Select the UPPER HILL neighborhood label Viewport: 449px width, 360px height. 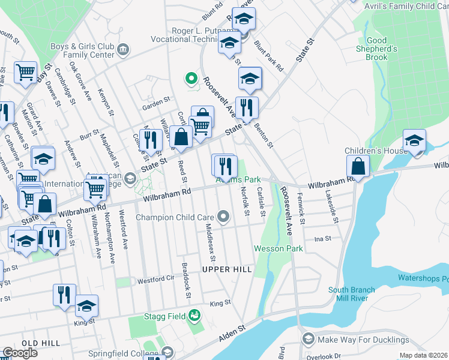pyautogui.click(x=226, y=269)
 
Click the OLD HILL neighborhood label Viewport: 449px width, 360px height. pyautogui.click(x=41, y=343)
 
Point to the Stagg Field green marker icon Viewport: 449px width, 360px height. pyautogui.click(x=194, y=315)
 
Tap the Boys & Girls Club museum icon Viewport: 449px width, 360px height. pyautogui.click(x=124, y=49)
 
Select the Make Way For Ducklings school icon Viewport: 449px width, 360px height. pyautogui.click(x=309, y=340)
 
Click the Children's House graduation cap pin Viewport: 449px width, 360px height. pyautogui.click(x=414, y=142)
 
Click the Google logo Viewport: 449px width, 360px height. pyautogui.click(x=20, y=353)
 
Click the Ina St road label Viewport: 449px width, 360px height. pyautogui.click(x=323, y=238)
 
